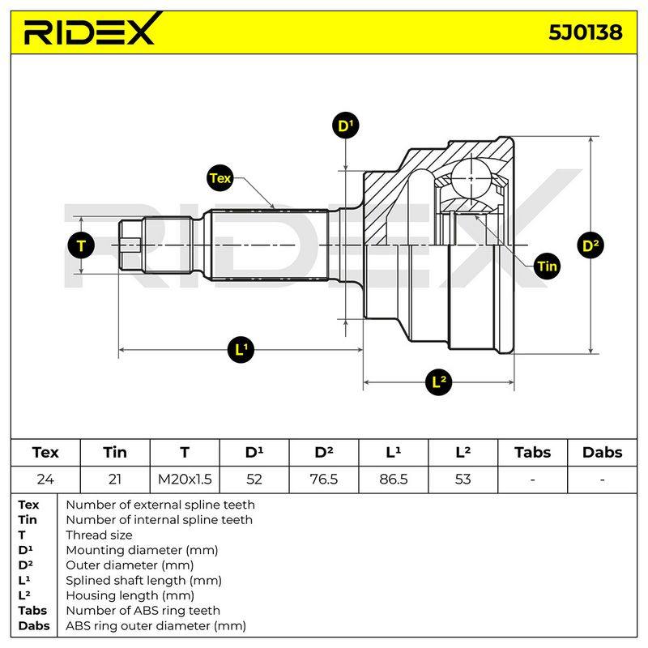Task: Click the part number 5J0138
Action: pos(585,32)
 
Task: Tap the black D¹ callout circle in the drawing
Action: pos(346,126)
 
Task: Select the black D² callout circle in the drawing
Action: pos(590,245)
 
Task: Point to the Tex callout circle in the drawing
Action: pos(220,178)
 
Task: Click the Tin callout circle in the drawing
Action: pos(548,266)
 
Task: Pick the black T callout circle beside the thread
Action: pos(81,245)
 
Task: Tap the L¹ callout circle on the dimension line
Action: pos(241,350)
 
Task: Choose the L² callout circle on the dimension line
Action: pos(438,382)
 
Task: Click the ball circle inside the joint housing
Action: pos(471,178)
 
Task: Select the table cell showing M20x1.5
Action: pos(185,480)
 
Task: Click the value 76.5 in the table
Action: pos(323,480)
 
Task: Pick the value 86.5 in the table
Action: pos(394,480)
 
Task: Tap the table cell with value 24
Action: pos(45,480)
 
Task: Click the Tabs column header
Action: pos(532,453)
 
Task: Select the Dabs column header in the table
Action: pos(602,453)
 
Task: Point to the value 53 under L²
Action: pos(463,480)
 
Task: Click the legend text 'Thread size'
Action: pos(99,535)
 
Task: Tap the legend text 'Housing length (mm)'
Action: pos(130,595)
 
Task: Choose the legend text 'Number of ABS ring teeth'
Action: pos(143,611)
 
